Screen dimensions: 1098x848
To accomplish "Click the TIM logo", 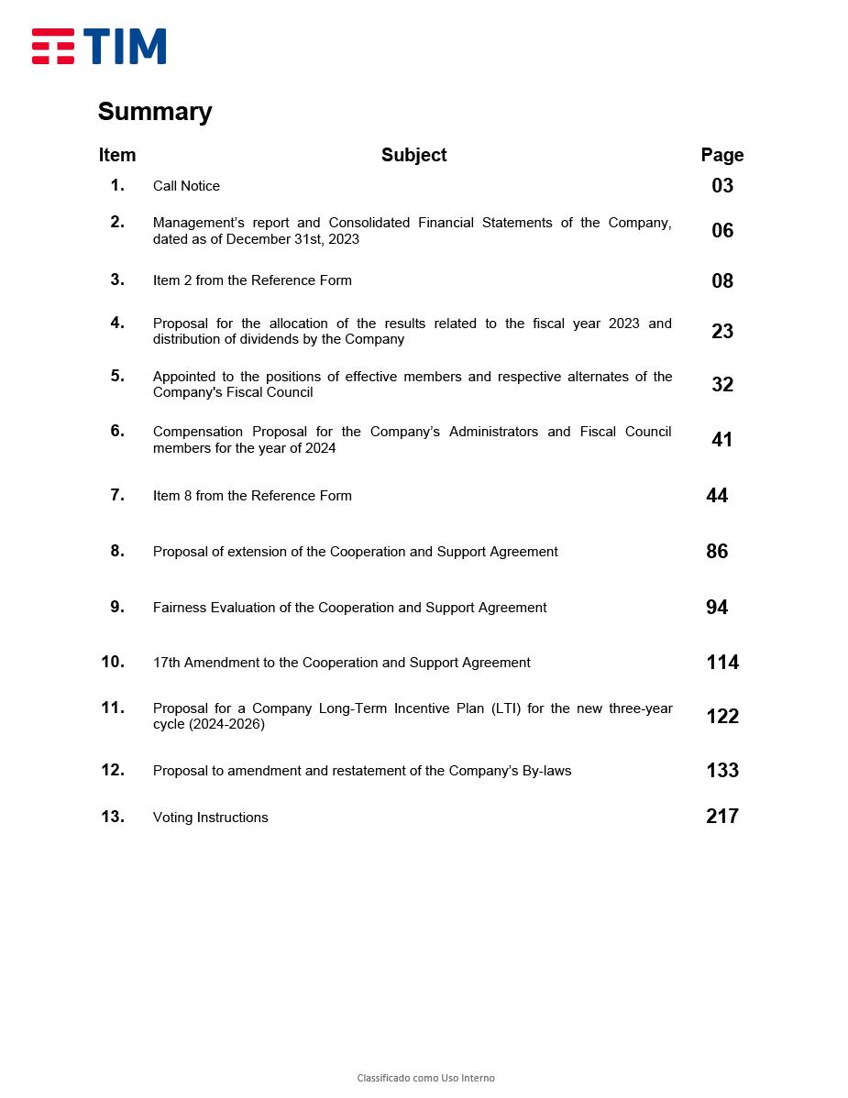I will tap(99, 47).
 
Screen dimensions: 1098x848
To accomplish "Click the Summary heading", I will tap(155, 112).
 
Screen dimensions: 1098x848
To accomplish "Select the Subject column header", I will tap(413, 155).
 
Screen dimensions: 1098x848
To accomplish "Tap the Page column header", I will tap(722, 155).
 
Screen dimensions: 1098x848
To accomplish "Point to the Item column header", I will tap(117, 155).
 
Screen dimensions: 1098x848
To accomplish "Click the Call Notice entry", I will tap(186, 186).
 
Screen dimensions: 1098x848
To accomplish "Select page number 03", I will tap(722, 186).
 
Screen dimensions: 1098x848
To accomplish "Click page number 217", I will tap(722, 817).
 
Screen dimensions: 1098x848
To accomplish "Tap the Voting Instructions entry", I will tap(210, 818).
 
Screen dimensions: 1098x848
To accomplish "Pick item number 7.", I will tap(117, 495).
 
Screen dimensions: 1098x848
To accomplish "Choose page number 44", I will tap(717, 496).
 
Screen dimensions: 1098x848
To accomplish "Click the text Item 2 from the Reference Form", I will tap(252, 280).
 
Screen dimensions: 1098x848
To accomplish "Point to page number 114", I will tap(722, 663).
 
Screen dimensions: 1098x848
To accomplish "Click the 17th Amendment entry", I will tap(341, 663).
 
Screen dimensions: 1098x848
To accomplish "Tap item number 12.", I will tap(113, 770).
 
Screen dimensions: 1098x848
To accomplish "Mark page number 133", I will tap(722, 771).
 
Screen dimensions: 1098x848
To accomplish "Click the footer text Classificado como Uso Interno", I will tap(425, 1078).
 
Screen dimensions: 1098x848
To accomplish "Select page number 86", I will tap(717, 552).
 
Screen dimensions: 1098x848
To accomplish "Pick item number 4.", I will tap(117, 323).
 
